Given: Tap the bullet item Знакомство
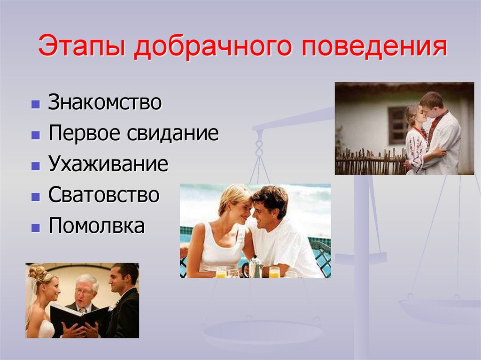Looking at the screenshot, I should coord(105,103).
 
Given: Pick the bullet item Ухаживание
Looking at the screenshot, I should coord(108,164).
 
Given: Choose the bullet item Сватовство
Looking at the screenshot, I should coord(103,195).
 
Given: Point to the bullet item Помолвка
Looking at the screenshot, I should coord(96,226).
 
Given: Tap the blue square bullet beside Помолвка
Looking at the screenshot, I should coord(35,228).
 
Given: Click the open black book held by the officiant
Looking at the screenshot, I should coord(78,317).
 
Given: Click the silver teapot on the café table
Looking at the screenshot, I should coord(256,268).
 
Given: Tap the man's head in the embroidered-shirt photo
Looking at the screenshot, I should coord(431,106).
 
